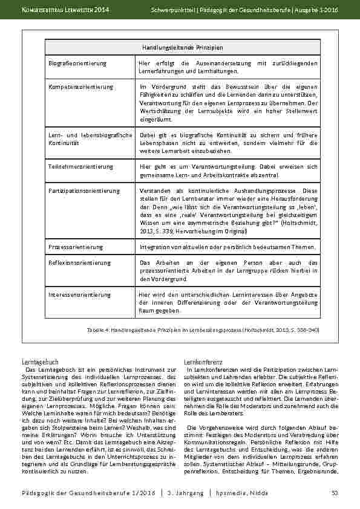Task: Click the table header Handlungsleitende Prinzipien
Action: click(x=183, y=47)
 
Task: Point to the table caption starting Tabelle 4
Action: click(x=203, y=331)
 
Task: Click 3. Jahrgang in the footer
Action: click(x=185, y=494)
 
